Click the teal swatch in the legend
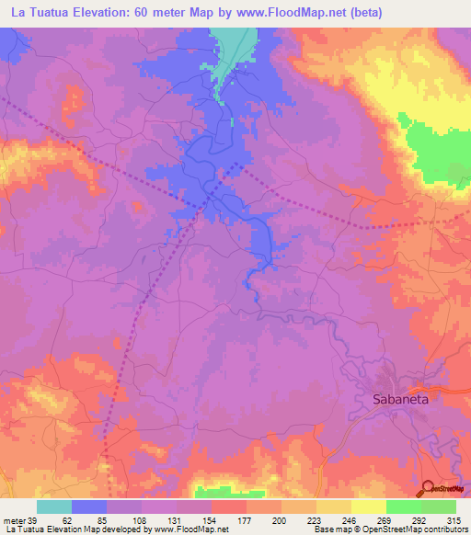[x=54, y=507]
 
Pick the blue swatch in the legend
[x=89, y=507]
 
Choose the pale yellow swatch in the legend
[x=369, y=507]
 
